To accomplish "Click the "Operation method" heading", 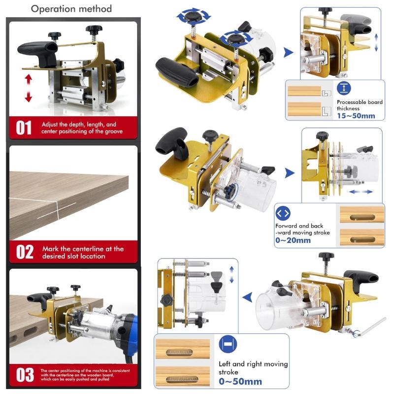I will (71, 9).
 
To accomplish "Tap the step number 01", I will (24, 128).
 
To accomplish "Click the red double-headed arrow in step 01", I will (29, 88).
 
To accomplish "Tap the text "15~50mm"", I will (356, 116).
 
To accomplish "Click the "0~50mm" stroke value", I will (240, 381).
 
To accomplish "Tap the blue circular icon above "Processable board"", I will (343, 89).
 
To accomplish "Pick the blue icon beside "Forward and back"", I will (283, 214).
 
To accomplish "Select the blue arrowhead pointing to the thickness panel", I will (289, 52).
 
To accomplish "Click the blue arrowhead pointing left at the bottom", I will (247, 297).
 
